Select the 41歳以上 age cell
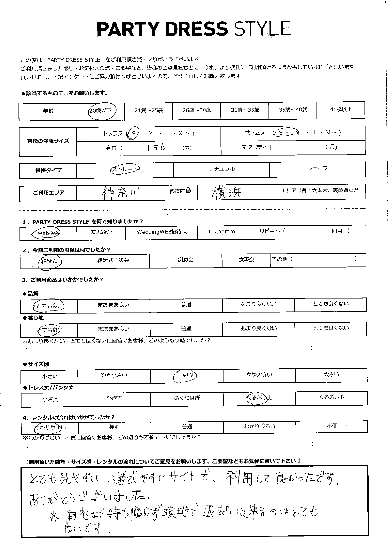(x=341, y=110)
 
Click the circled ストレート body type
(x=125, y=169)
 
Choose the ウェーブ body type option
(x=317, y=168)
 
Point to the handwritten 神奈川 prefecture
(x=121, y=192)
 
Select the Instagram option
(x=221, y=232)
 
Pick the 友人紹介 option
(x=101, y=232)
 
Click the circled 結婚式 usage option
(x=49, y=261)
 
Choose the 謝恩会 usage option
(x=186, y=260)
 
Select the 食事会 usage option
(x=246, y=259)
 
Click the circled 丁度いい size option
(x=186, y=375)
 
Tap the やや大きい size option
(x=259, y=375)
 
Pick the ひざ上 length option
(x=49, y=399)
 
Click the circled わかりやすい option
(x=50, y=427)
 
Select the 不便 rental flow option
(x=331, y=426)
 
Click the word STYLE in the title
(x=262, y=29)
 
